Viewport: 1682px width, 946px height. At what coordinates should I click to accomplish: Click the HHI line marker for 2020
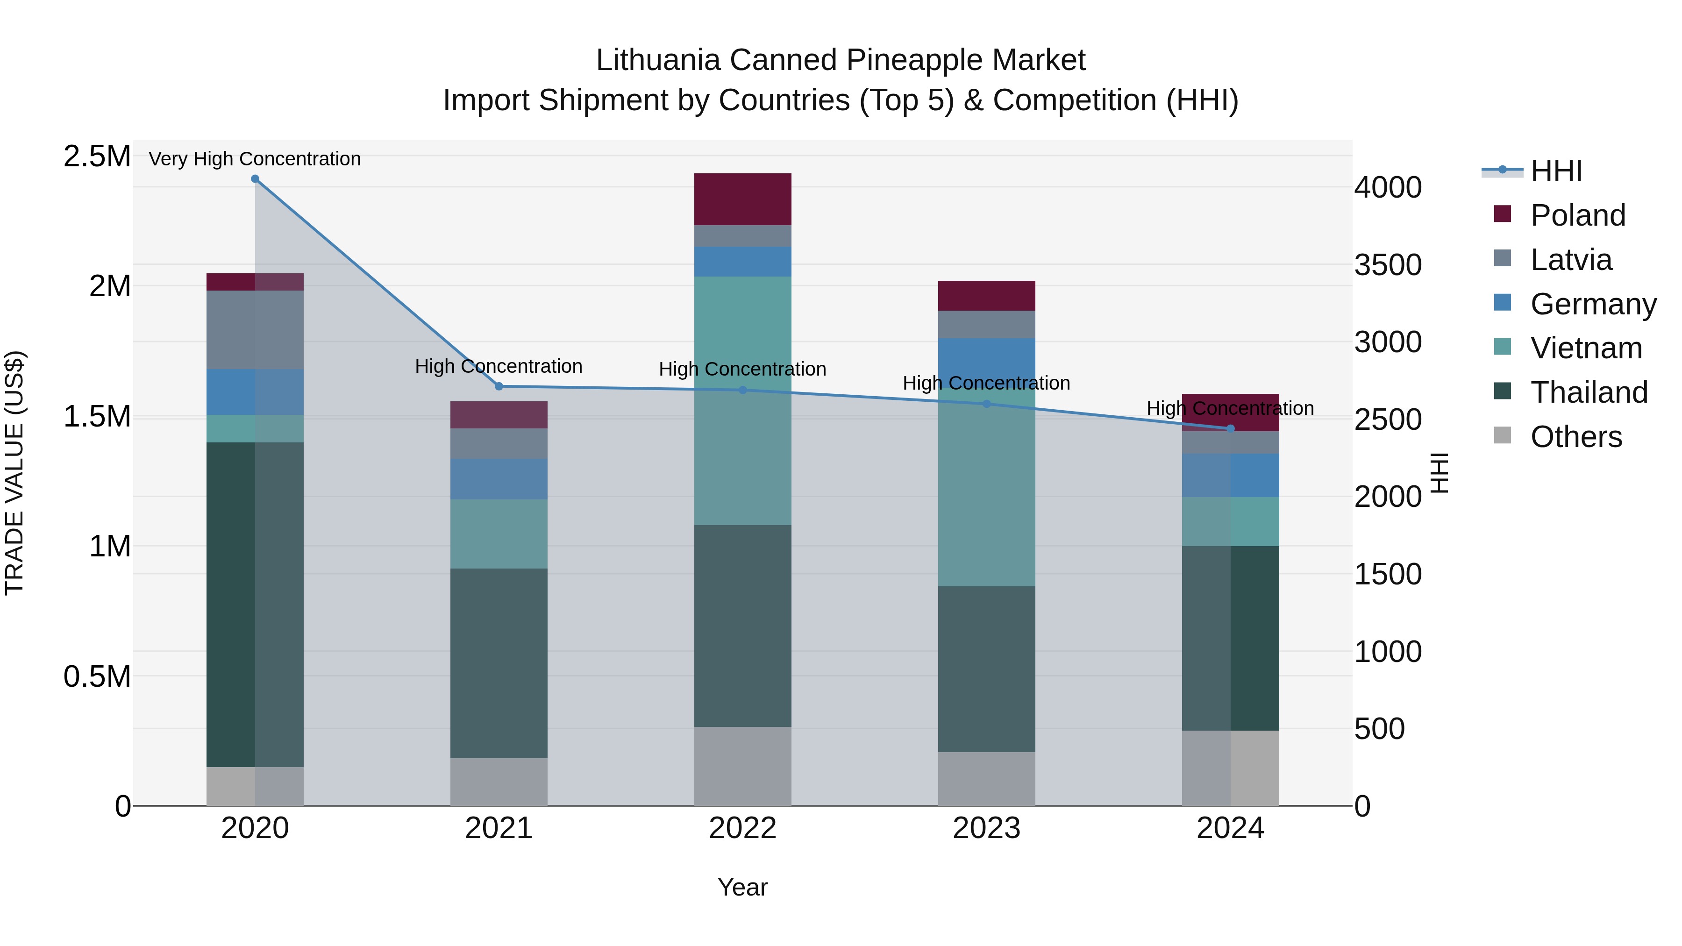coord(255,179)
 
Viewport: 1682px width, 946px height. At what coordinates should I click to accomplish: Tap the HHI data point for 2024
coord(1230,428)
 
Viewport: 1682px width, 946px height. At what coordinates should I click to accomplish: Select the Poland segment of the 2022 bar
coord(742,199)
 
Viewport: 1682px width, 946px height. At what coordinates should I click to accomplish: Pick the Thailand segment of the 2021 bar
coord(499,662)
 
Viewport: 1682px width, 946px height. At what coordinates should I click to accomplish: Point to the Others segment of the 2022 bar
coord(742,766)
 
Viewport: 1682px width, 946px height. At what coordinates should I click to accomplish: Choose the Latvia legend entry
coord(1570,260)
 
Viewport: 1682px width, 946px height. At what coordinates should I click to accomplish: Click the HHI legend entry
coord(1555,171)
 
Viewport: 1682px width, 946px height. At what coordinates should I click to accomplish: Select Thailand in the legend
coord(1589,392)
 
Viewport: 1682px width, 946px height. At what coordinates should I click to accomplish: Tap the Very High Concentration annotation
coord(255,159)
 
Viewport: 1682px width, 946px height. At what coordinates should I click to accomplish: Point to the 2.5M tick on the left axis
coord(97,156)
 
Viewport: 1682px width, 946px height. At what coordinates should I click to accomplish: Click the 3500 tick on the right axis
coord(1388,265)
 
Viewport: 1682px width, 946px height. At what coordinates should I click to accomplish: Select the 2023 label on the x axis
coord(986,828)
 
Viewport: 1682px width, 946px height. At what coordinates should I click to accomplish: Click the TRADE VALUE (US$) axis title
coord(14,473)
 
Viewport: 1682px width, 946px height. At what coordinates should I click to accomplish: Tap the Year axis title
coord(742,887)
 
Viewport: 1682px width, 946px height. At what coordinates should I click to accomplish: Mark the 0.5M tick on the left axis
coord(97,676)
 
